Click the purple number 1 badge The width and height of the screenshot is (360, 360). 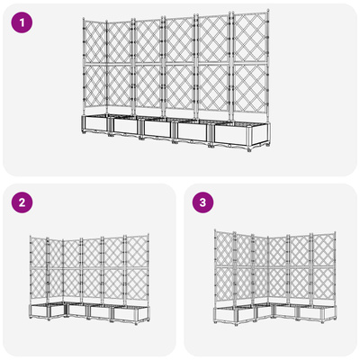pyautogui.click(x=22, y=22)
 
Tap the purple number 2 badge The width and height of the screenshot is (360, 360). pyautogui.click(x=22, y=202)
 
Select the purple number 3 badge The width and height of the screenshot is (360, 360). pyautogui.click(x=202, y=202)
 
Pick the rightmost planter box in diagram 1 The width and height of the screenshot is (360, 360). pyautogui.click(x=242, y=135)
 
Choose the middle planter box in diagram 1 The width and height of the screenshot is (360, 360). pyautogui.click(x=157, y=129)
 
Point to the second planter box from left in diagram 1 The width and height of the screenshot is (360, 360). pyautogui.click(x=125, y=126)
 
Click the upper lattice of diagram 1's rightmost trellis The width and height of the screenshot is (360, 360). pyautogui.click(x=249, y=38)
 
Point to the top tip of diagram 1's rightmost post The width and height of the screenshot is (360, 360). pyautogui.click(x=268, y=11)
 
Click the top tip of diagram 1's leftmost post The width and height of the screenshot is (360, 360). pyautogui.click(x=84, y=19)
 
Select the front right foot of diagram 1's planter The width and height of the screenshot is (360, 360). pyautogui.click(x=249, y=149)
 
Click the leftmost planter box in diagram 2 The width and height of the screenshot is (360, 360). pyautogui.click(x=39, y=311)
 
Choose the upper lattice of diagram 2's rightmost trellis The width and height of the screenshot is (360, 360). pyautogui.click(x=137, y=251)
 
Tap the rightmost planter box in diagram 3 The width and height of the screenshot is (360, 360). pyautogui.click(x=316, y=313)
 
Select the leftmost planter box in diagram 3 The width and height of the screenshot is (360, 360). pyautogui.click(x=225, y=315)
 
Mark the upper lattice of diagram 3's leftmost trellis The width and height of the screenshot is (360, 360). pyautogui.click(x=224, y=248)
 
